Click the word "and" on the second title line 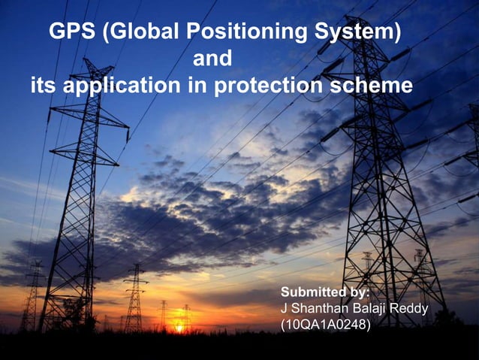(212, 59)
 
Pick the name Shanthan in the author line (318, 309)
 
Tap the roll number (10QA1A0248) (325, 326)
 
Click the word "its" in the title (43, 86)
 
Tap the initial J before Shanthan (283, 309)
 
